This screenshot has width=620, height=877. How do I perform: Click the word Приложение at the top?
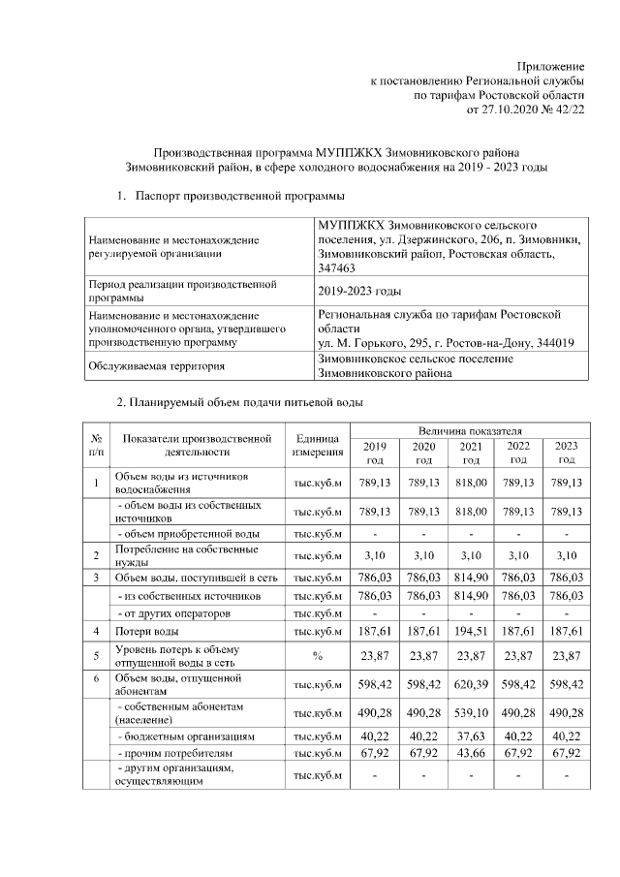[554, 63]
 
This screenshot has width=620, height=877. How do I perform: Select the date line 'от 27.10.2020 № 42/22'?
[526, 110]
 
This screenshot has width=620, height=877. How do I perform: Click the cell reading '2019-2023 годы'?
[359, 291]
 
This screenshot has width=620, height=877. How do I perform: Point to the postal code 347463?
[336, 267]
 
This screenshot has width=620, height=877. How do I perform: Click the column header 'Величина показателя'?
[470, 429]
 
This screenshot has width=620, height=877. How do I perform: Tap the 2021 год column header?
[470, 453]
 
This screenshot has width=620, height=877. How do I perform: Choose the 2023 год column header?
[567, 453]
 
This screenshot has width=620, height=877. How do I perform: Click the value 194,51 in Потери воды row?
[470, 631]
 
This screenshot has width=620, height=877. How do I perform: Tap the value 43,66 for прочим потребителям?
[470, 752]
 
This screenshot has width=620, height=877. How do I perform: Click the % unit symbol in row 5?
[318, 657]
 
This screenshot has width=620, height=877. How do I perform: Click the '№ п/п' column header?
[96, 445]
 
